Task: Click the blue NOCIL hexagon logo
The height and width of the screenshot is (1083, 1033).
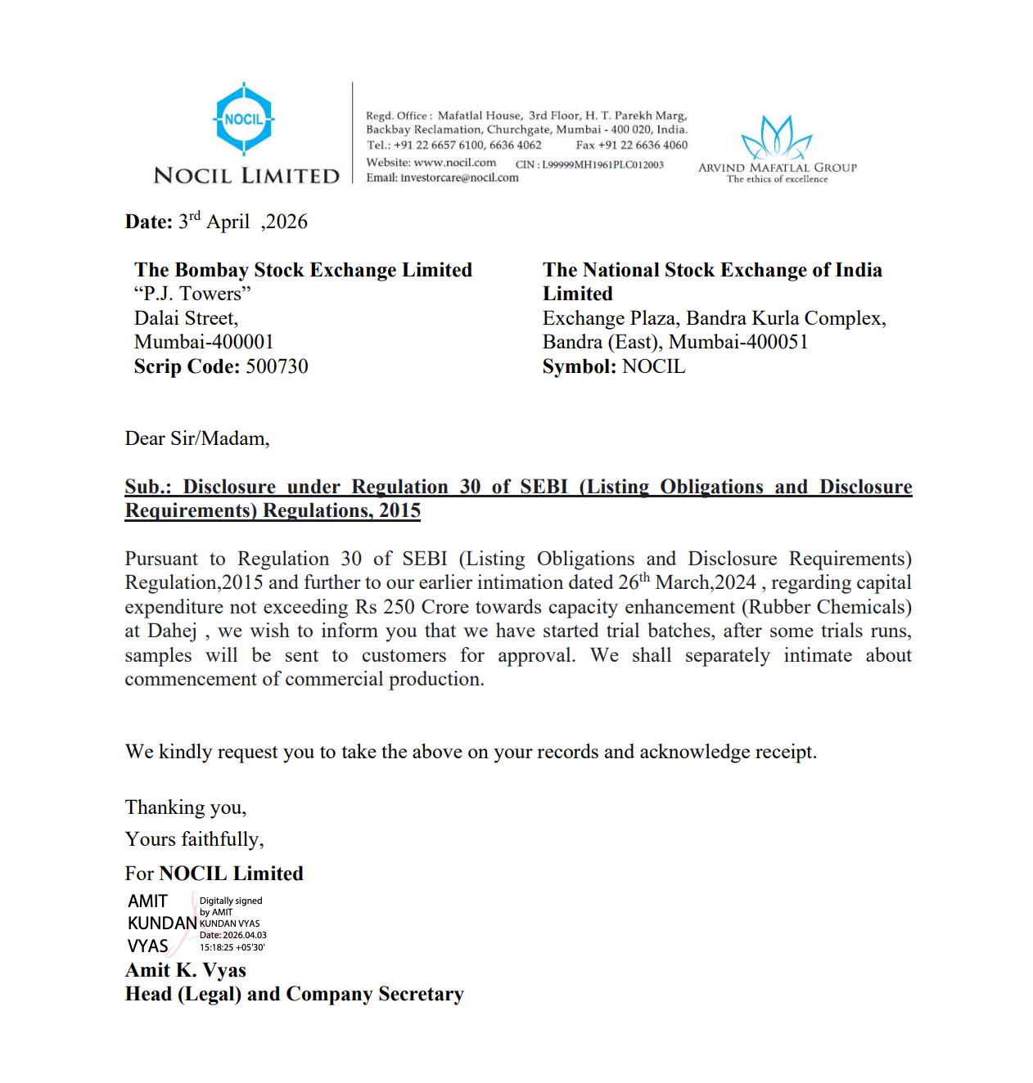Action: point(243,119)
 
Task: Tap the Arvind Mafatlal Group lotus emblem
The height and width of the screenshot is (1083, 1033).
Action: point(776,137)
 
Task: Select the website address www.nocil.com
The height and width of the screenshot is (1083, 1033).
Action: point(454,163)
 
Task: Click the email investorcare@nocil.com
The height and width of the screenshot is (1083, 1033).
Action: point(459,178)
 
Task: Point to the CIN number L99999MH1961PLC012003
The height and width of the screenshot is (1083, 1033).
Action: point(602,164)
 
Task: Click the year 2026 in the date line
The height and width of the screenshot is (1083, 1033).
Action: point(286,222)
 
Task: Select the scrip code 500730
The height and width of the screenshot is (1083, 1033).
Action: point(277,366)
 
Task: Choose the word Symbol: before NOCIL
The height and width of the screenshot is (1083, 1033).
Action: point(579,366)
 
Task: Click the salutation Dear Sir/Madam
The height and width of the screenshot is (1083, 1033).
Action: point(196,438)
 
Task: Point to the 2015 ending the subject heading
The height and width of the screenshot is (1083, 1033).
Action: point(399,510)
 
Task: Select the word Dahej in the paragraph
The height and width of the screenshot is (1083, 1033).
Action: point(172,631)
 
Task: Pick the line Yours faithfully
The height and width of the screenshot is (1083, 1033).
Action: point(194,839)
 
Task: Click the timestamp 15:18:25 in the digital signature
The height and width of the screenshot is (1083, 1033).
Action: point(215,947)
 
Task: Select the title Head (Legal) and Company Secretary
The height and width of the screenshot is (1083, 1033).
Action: point(294,994)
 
